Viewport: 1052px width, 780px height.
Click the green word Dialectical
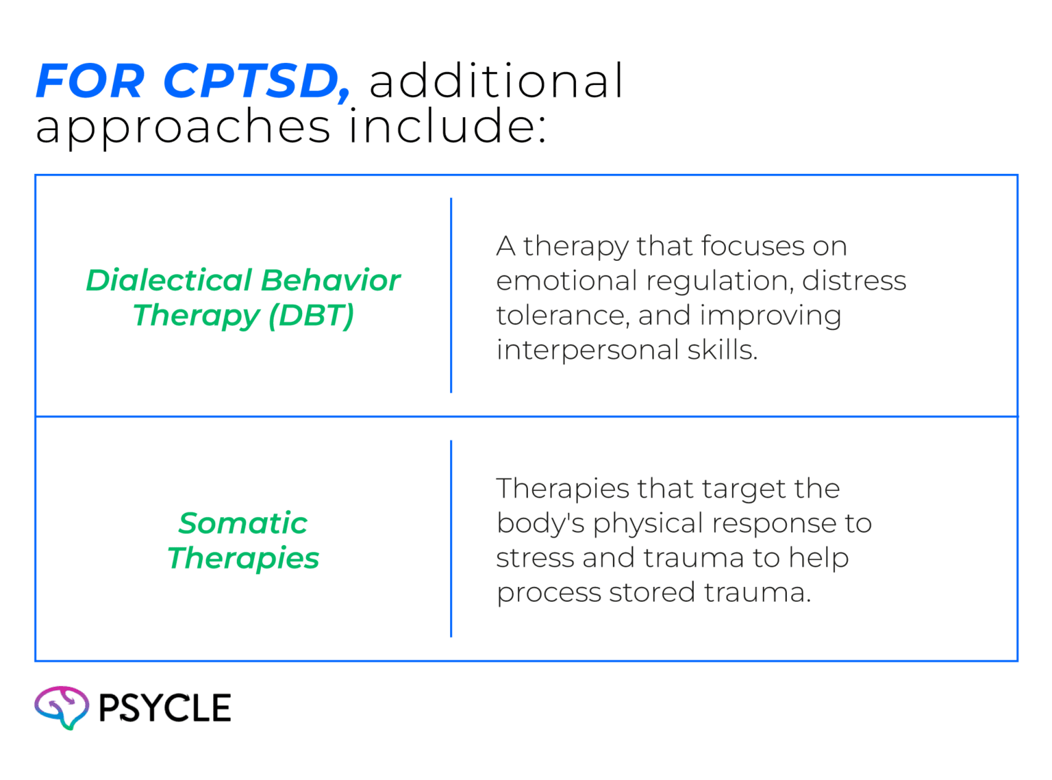tap(168, 281)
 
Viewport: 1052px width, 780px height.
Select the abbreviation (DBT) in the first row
tap(311, 316)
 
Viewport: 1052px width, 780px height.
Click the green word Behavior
tap(330, 281)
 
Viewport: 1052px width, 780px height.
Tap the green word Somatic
tap(243, 524)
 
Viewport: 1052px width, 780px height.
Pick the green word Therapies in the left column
tap(243, 559)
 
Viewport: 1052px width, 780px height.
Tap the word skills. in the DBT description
tap(722, 351)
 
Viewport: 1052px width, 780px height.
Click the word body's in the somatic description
tap(540, 524)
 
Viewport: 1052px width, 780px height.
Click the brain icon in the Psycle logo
tap(62, 707)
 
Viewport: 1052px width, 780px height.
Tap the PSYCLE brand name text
tap(164, 708)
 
